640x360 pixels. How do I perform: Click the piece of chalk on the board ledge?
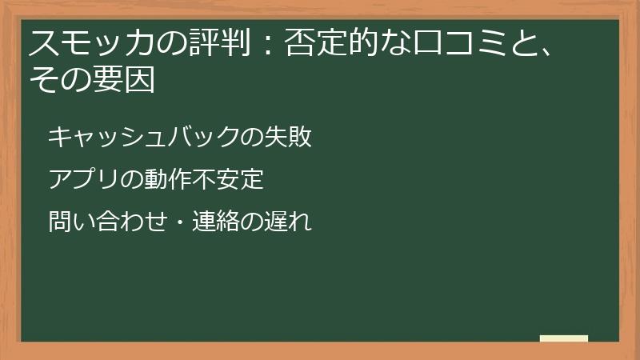564,338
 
